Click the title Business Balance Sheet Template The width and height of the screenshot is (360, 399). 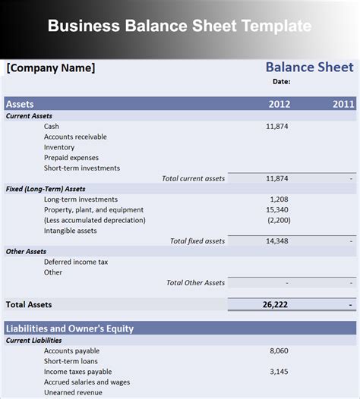click(179, 26)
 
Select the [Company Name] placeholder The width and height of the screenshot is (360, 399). click(51, 68)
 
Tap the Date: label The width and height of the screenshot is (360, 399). click(281, 81)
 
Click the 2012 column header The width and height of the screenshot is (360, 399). click(279, 104)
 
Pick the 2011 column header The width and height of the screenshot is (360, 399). click(343, 104)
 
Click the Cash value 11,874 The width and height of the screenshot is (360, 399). click(277, 126)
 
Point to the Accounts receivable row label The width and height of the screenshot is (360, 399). click(75, 137)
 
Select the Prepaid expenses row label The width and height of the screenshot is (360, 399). click(71, 158)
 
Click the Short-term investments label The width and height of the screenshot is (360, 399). click(82, 168)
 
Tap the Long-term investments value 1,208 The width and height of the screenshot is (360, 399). click(279, 199)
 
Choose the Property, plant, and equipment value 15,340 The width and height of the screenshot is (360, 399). click(277, 209)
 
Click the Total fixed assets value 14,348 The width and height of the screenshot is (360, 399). click(277, 240)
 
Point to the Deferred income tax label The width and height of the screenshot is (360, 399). click(76, 262)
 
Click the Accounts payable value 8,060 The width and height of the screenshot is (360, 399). click(279, 351)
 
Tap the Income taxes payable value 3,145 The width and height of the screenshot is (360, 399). click(279, 372)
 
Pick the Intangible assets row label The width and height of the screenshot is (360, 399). click(71, 231)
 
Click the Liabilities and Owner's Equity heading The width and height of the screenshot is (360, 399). click(70, 328)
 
